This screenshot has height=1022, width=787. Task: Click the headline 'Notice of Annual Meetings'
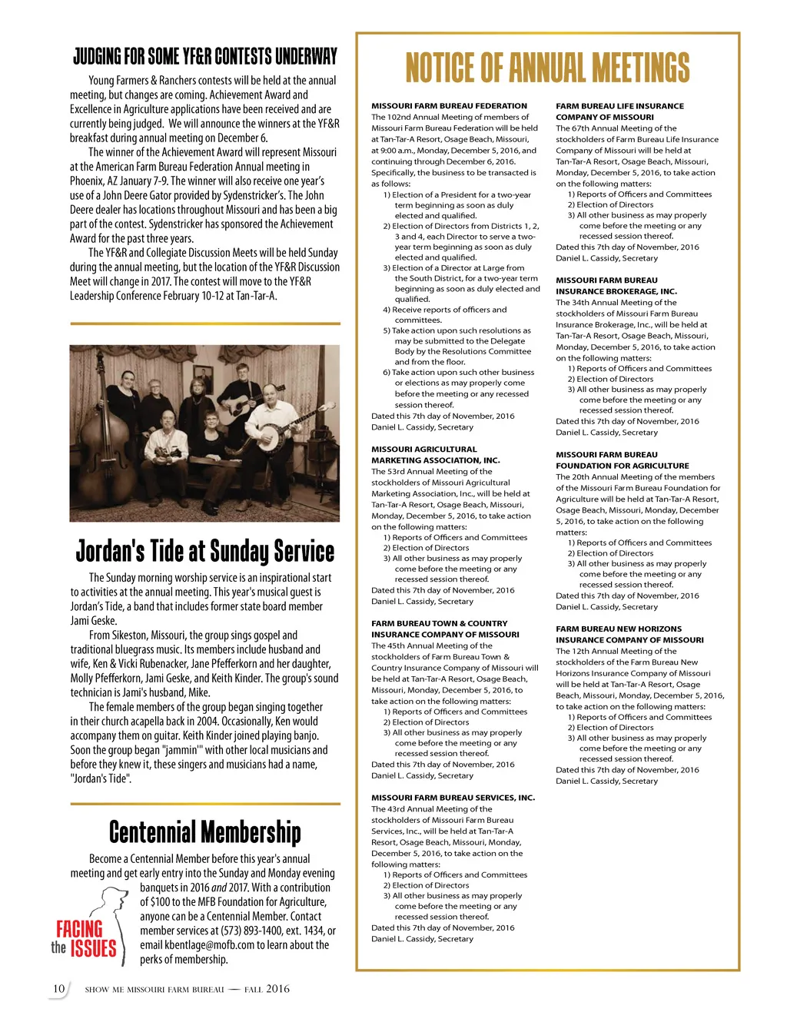point(547,68)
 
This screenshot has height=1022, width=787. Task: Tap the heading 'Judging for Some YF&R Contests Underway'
point(205,56)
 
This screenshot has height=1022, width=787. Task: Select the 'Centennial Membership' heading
point(205,831)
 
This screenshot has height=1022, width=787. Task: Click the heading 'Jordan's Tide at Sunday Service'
point(205,551)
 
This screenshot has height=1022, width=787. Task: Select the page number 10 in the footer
point(58,989)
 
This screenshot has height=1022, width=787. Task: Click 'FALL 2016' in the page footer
point(267,989)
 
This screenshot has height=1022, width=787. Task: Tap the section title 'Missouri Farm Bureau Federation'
point(449,106)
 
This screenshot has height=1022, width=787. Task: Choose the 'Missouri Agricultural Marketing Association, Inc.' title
point(435,455)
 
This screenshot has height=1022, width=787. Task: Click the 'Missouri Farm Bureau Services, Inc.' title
point(453,798)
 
